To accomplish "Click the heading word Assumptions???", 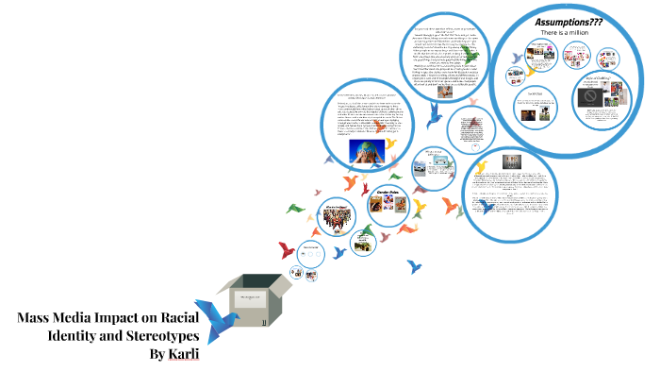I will point(569,21).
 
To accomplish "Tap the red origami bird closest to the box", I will point(287,250).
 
